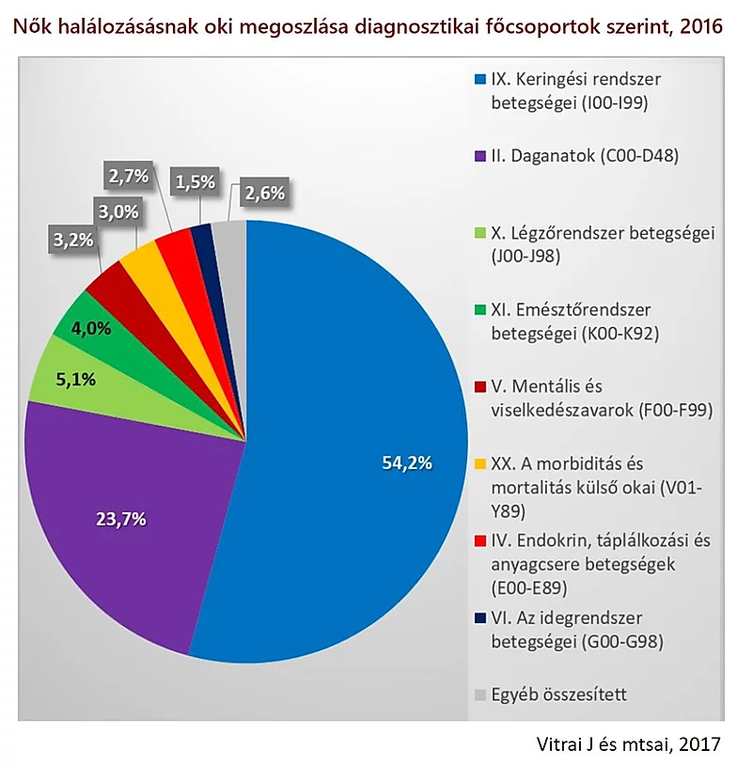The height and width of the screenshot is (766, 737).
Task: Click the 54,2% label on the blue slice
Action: pyautogui.click(x=407, y=461)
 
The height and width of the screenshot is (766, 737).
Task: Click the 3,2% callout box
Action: pyautogui.click(x=73, y=240)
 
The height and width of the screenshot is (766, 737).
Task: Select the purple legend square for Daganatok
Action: pyautogui.click(x=480, y=156)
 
